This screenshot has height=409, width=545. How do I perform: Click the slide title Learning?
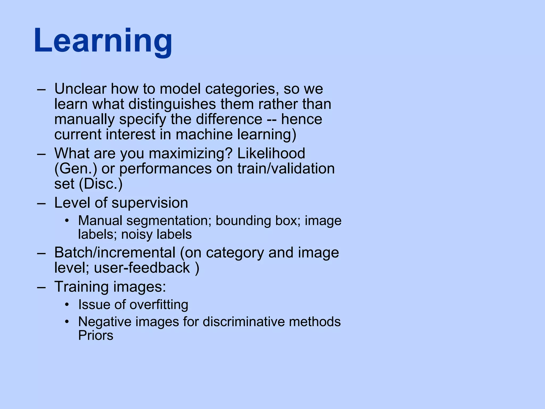pyautogui.click(x=103, y=41)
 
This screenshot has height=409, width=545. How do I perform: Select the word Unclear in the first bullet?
pyautogui.click(x=80, y=89)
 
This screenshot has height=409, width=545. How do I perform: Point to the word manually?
pyautogui.click(x=84, y=119)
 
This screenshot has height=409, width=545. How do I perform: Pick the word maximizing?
pyautogui.click(x=191, y=154)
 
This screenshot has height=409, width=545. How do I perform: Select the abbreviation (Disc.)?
pyautogui.click(x=101, y=184)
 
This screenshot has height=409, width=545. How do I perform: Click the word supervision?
pyautogui.click(x=150, y=203)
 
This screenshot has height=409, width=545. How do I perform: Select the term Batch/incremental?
pyautogui.click(x=115, y=252)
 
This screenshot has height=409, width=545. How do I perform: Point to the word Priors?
pyautogui.click(x=96, y=336)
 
